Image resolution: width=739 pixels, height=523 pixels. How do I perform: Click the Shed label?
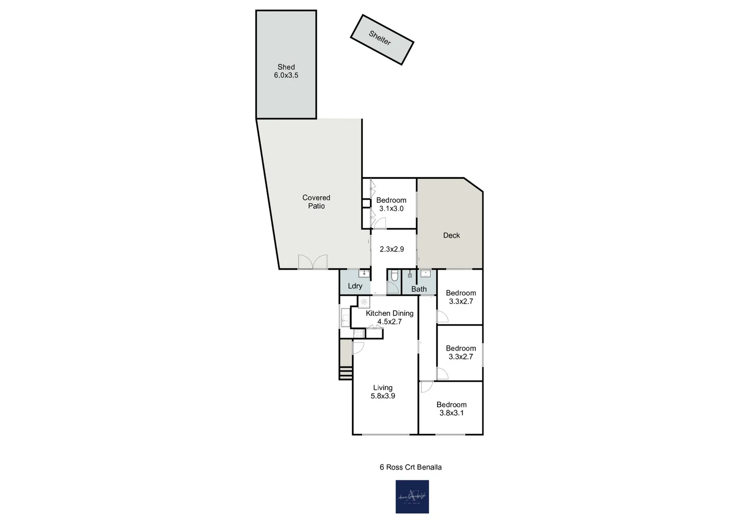pyautogui.click(x=286, y=67)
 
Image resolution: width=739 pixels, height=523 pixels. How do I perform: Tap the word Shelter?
pyautogui.click(x=380, y=38)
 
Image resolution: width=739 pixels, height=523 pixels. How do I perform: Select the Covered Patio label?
pyautogui.click(x=317, y=201)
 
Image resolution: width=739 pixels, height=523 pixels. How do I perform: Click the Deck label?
pyautogui.click(x=452, y=235)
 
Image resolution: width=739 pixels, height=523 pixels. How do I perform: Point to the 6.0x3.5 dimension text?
pyautogui.click(x=286, y=76)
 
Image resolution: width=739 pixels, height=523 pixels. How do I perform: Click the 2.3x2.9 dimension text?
pyautogui.click(x=392, y=249)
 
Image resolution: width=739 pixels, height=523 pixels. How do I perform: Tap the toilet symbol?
pyautogui.click(x=394, y=276)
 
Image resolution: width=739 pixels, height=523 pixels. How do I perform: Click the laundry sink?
pyautogui.click(x=363, y=274)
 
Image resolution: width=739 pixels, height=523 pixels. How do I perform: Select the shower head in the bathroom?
pyautogui.click(x=410, y=275)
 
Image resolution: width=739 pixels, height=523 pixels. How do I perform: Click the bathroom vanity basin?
pyautogui.click(x=425, y=274)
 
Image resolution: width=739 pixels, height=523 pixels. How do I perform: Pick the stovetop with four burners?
pyautogui.click(x=364, y=302)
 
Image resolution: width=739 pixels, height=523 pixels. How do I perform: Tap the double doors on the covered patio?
pyautogui.click(x=313, y=262)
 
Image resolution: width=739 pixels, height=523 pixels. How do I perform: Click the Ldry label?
pyautogui.click(x=355, y=286)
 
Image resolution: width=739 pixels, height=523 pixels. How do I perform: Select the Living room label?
pyautogui.click(x=383, y=387)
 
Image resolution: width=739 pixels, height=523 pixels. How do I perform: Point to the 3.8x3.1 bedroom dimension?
pyautogui.click(x=452, y=413)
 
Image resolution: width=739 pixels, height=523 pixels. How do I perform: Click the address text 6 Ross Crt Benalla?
pyautogui.click(x=410, y=467)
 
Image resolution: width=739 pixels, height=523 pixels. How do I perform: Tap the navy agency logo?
pyautogui.click(x=412, y=496)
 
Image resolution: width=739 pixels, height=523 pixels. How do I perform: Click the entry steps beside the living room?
pyautogui.click(x=346, y=373)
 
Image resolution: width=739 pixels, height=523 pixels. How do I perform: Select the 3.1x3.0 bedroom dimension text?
pyautogui.click(x=392, y=209)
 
